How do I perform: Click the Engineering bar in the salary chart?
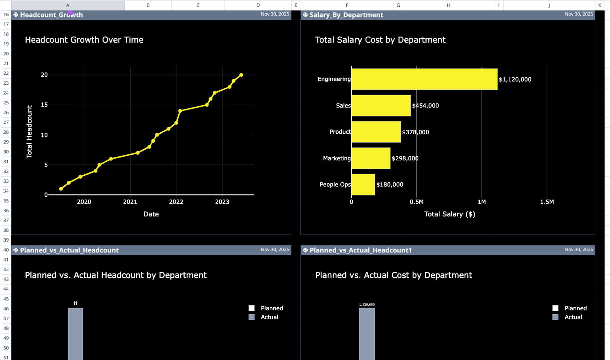pos(424,79)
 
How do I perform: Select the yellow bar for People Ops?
pos(363,185)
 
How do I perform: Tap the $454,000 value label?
pos(425,106)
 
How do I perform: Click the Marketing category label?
pos(337,158)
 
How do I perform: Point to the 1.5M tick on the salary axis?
pos(547,202)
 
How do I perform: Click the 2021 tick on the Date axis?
pos(130,202)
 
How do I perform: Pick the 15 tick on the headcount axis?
pos(44,105)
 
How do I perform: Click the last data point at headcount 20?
pos(241,75)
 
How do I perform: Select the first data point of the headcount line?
pos(61,189)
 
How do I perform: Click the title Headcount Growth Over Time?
pos(84,40)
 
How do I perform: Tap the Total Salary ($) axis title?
pos(449,214)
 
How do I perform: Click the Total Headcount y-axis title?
pos(29,132)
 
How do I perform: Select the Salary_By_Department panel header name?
pos(346,15)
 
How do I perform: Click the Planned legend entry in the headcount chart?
pos(266,308)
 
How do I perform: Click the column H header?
pos(448,5)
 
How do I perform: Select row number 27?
pos(6,122)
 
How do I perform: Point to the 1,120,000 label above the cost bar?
pos(367,305)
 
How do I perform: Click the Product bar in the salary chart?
pos(376,132)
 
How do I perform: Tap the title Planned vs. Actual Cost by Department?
pos(393,275)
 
